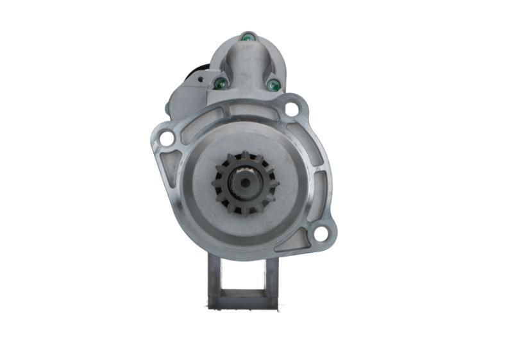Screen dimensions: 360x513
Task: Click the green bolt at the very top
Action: coord(247,38)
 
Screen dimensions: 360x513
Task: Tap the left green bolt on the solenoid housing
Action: coord(220,83)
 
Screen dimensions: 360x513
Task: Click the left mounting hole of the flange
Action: coord(166,138)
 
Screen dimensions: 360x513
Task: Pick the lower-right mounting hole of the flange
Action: coord(321,234)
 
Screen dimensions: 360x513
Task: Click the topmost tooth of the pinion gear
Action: coord(246,155)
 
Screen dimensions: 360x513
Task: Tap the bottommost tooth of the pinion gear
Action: coord(246,212)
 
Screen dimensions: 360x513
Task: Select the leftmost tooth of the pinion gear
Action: coord(217,184)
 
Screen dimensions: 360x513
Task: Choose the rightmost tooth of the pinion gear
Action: coord(274,184)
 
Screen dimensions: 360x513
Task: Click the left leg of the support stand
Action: coord(214,279)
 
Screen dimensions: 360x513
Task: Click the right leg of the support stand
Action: coord(272,279)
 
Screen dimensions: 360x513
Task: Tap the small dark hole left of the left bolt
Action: coord(201,80)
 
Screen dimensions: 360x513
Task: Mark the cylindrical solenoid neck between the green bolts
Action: coord(247,71)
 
